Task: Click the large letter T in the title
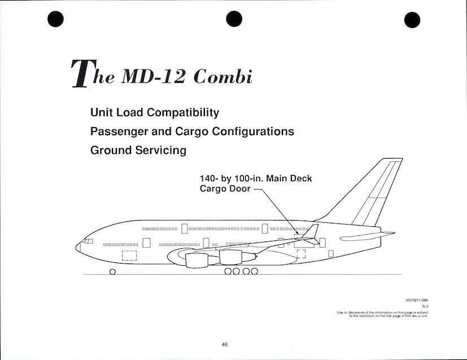coord(79,73)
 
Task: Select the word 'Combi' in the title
coord(222,77)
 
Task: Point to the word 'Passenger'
coord(118,131)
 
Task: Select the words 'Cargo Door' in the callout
coord(225,188)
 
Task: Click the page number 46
coord(225,345)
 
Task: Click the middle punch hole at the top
coord(233,19)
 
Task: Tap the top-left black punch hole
coord(55,19)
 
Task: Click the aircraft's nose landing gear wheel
coord(112,271)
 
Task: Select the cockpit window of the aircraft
coord(88,242)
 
